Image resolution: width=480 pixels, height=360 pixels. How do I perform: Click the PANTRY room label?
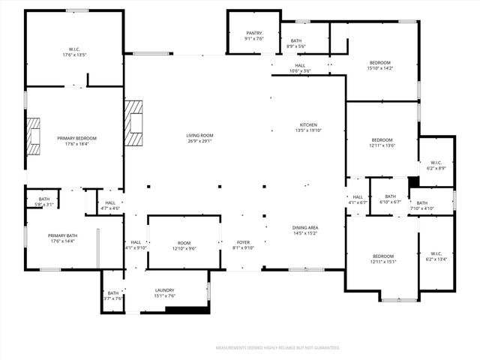(253, 33)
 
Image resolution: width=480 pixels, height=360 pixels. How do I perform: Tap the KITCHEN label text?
(309, 124)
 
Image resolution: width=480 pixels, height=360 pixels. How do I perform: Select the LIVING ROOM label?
(200, 135)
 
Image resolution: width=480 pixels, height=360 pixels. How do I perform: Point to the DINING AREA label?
(305, 227)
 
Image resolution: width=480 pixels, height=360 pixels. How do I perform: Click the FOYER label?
(243, 242)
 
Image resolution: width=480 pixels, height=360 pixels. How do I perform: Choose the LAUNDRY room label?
(164, 289)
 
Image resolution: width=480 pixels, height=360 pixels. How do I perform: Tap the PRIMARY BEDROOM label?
(77, 138)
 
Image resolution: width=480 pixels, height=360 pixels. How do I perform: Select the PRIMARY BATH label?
(63, 235)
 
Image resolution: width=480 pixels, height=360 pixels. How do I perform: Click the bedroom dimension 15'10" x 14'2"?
(381, 68)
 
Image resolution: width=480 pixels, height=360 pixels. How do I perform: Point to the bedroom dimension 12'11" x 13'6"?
(382, 145)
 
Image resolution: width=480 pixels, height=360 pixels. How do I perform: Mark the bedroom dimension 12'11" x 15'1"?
(382, 262)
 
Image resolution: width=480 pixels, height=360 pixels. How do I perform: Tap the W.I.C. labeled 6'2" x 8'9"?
(436, 168)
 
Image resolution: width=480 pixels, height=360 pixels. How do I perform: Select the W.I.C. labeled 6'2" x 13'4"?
(436, 259)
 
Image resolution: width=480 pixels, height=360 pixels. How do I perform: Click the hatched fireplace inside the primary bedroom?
(34, 136)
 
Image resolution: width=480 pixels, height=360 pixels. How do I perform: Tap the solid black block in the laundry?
(197, 310)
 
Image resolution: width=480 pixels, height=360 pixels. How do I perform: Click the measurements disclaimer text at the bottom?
(277, 348)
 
